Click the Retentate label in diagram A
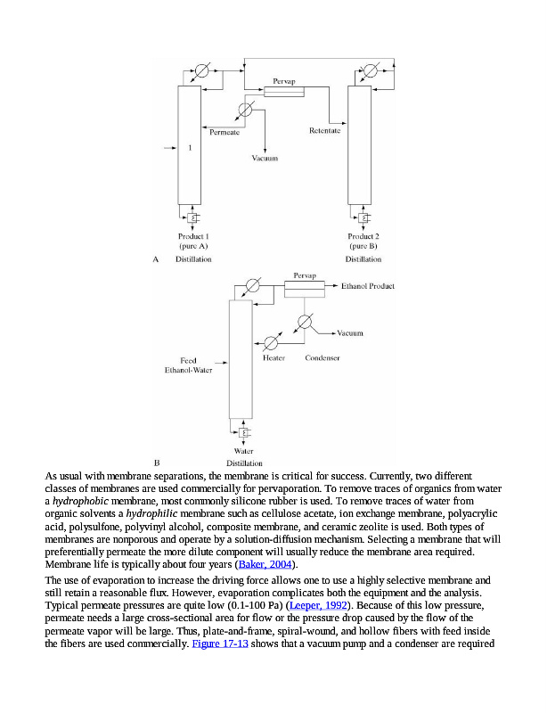click(324, 132)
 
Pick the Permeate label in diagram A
click(224, 132)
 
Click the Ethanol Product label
click(368, 287)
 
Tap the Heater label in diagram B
click(273, 358)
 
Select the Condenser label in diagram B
click(322, 358)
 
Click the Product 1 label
click(193, 236)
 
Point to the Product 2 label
click(363, 236)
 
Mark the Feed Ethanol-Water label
click(188, 365)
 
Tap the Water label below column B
click(243, 452)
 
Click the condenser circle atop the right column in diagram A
click(371, 70)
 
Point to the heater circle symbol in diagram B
click(273, 343)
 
